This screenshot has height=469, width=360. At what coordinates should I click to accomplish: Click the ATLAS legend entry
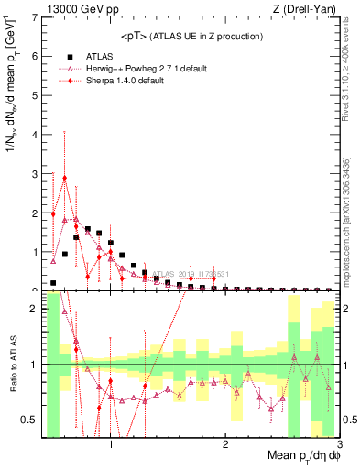(x=96, y=56)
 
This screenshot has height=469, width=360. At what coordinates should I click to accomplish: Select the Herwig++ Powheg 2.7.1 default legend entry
(x=137, y=68)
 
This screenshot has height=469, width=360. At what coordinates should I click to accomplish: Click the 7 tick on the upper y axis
(x=36, y=17)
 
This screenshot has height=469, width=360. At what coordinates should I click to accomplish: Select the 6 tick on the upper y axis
(x=36, y=56)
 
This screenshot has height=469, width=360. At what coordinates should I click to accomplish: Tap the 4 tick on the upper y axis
(x=36, y=135)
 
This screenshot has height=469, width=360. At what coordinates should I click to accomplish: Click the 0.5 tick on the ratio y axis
(x=31, y=420)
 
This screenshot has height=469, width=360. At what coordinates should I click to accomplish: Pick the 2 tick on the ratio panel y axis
(x=36, y=309)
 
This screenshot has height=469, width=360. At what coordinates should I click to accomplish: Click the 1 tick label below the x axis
(x=111, y=444)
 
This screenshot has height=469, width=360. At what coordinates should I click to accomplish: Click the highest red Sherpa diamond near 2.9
(x=65, y=178)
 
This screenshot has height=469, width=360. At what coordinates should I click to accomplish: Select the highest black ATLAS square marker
(x=88, y=229)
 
